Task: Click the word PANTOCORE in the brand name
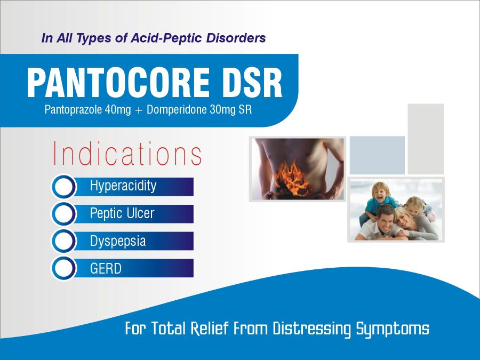(118, 83)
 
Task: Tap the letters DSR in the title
(252, 83)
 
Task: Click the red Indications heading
(127, 153)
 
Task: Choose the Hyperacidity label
(123, 186)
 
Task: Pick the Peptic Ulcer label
(122, 213)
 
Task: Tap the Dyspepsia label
(118, 241)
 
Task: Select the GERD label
(106, 268)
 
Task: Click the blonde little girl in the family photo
(418, 208)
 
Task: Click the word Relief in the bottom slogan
(210, 329)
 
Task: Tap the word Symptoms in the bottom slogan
(393, 330)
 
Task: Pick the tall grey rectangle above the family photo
(426, 139)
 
